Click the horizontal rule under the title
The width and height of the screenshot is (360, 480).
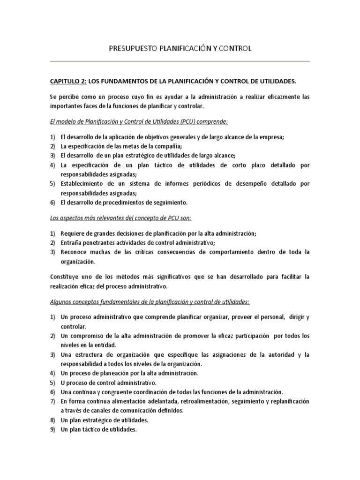pos(180,61)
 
